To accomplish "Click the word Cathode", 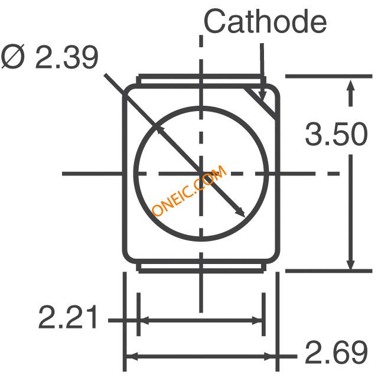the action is click(265, 21).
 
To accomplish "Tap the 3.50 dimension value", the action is click(336, 134).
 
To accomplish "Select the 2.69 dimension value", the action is click(336, 352).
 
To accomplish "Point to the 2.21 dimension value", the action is click(68, 317).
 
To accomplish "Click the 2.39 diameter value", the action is click(67, 57).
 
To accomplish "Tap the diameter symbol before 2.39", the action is click(13, 57).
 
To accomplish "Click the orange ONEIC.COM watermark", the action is click(190, 190).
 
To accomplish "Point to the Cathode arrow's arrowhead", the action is click(262, 96).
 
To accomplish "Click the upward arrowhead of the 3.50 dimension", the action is click(350, 86).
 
